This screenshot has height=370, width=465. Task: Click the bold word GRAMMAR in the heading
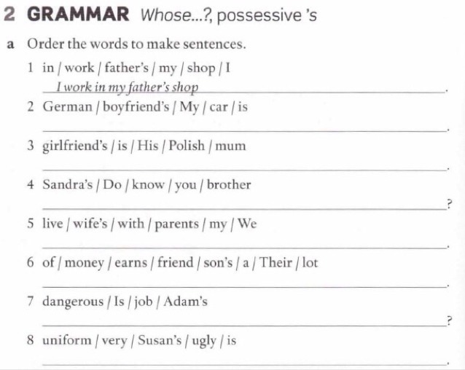click(x=78, y=14)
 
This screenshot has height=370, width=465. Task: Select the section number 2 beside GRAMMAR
click(x=9, y=14)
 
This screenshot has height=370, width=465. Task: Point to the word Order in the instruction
click(x=46, y=44)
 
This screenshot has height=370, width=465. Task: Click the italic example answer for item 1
click(x=128, y=87)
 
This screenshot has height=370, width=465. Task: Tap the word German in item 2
click(x=68, y=106)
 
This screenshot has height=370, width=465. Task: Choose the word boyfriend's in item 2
click(x=136, y=107)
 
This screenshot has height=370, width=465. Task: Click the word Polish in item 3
click(x=187, y=146)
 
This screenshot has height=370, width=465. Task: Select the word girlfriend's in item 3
click(x=75, y=146)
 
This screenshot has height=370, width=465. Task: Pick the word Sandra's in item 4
click(x=68, y=184)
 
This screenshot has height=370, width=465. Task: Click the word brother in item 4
click(x=229, y=184)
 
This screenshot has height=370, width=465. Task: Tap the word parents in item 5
click(x=177, y=224)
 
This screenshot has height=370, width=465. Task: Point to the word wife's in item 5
click(x=90, y=223)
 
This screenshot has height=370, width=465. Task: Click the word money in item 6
click(x=85, y=263)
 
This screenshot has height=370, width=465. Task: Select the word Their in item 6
click(x=276, y=262)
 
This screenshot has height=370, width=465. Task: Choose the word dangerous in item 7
click(x=73, y=302)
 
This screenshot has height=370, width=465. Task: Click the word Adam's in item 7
click(x=185, y=302)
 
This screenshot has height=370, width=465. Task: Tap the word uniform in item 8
click(x=67, y=340)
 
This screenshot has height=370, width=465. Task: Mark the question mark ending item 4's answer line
click(x=450, y=205)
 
